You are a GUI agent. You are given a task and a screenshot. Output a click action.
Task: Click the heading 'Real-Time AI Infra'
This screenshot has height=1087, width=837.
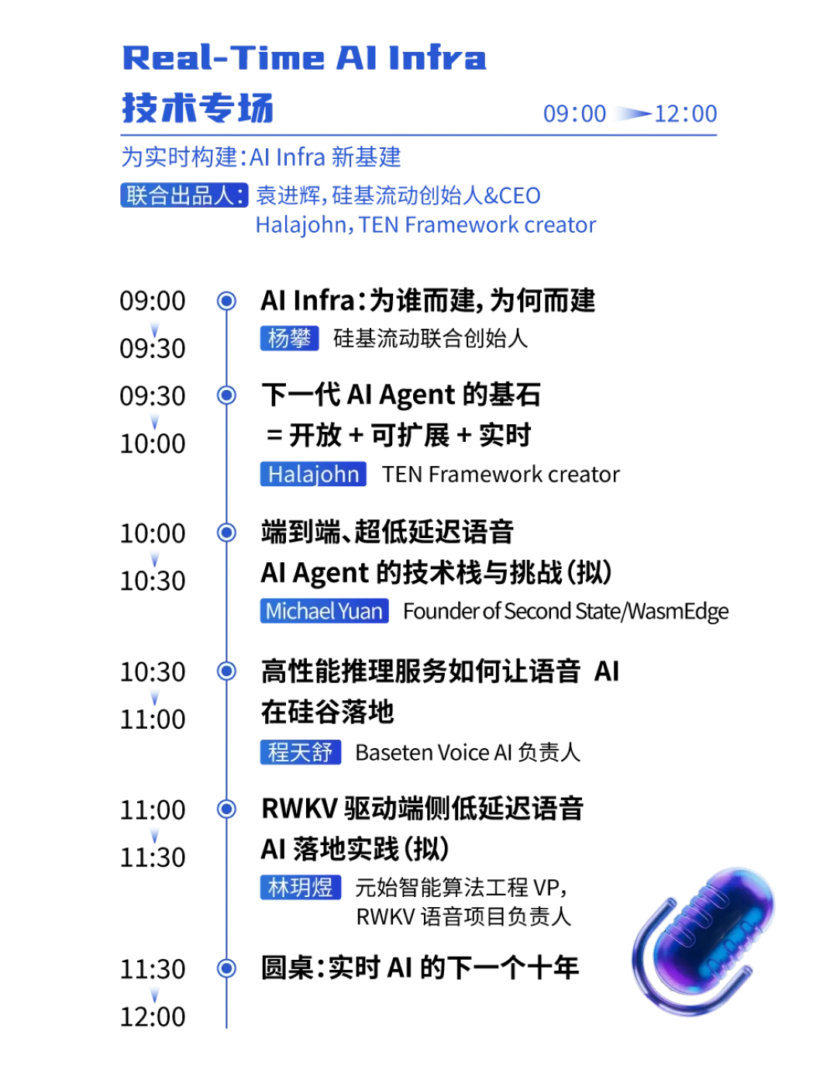click(304, 57)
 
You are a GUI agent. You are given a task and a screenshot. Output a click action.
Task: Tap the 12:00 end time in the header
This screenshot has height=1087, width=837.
click(686, 113)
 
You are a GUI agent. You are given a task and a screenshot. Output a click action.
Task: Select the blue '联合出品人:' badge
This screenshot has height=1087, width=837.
click(184, 195)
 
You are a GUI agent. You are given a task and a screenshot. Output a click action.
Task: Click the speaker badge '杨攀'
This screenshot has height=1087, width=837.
click(289, 338)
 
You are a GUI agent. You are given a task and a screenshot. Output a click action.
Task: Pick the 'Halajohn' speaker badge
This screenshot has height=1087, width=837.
click(313, 474)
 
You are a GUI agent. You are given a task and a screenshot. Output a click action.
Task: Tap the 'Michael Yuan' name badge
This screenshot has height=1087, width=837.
click(324, 611)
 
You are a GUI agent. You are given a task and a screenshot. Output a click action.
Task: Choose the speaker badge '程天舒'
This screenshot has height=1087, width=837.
click(301, 752)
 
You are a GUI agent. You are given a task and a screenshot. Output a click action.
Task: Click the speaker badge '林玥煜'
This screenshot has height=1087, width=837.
click(301, 888)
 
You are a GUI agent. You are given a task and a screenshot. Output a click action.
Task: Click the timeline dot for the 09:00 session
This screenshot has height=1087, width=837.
click(226, 301)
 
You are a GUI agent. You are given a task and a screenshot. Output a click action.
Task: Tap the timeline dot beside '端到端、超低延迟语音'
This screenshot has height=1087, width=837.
click(226, 532)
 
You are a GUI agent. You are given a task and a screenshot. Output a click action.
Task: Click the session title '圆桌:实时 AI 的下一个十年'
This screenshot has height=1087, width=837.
click(420, 968)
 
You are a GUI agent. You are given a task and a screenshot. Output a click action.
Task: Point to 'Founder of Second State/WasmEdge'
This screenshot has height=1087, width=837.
click(566, 611)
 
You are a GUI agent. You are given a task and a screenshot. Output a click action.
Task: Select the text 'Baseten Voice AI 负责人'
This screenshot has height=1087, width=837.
click(467, 752)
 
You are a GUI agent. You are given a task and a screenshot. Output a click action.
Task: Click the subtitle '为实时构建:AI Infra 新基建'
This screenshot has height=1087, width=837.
click(261, 157)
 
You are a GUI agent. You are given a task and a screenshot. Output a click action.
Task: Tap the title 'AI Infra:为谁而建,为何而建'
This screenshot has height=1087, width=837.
click(428, 301)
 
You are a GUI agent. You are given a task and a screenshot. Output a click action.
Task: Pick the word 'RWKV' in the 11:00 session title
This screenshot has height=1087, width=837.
click(299, 809)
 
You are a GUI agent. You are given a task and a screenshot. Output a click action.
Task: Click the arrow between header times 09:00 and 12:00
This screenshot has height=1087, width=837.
click(632, 113)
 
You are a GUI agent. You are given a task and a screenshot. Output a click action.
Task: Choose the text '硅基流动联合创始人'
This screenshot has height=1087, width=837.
click(430, 338)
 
